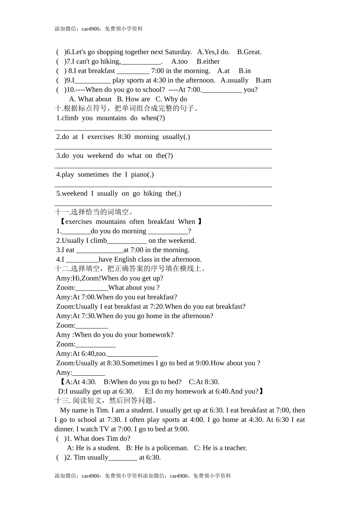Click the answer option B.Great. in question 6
pyautogui.click(x=249, y=52)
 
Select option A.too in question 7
pyautogui.click(x=179, y=61)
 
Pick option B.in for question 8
pyautogui.click(x=244, y=71)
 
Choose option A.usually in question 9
pyautogui.click(x=234, y=80)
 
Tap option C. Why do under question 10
pyautogui.click(x=171, y=99)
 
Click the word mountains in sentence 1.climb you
pyautogui.click(x=111, y=118)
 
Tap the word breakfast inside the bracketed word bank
pyautogui.click(x=161, y=222)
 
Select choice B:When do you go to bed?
pyautogui.click(x=142, y=382)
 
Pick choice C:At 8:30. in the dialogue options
pyautogui.click(x=204, y=382)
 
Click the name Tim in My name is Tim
pyautogui.click(x=102, y=410)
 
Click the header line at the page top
pyautogui.click(x=99, y=29)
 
